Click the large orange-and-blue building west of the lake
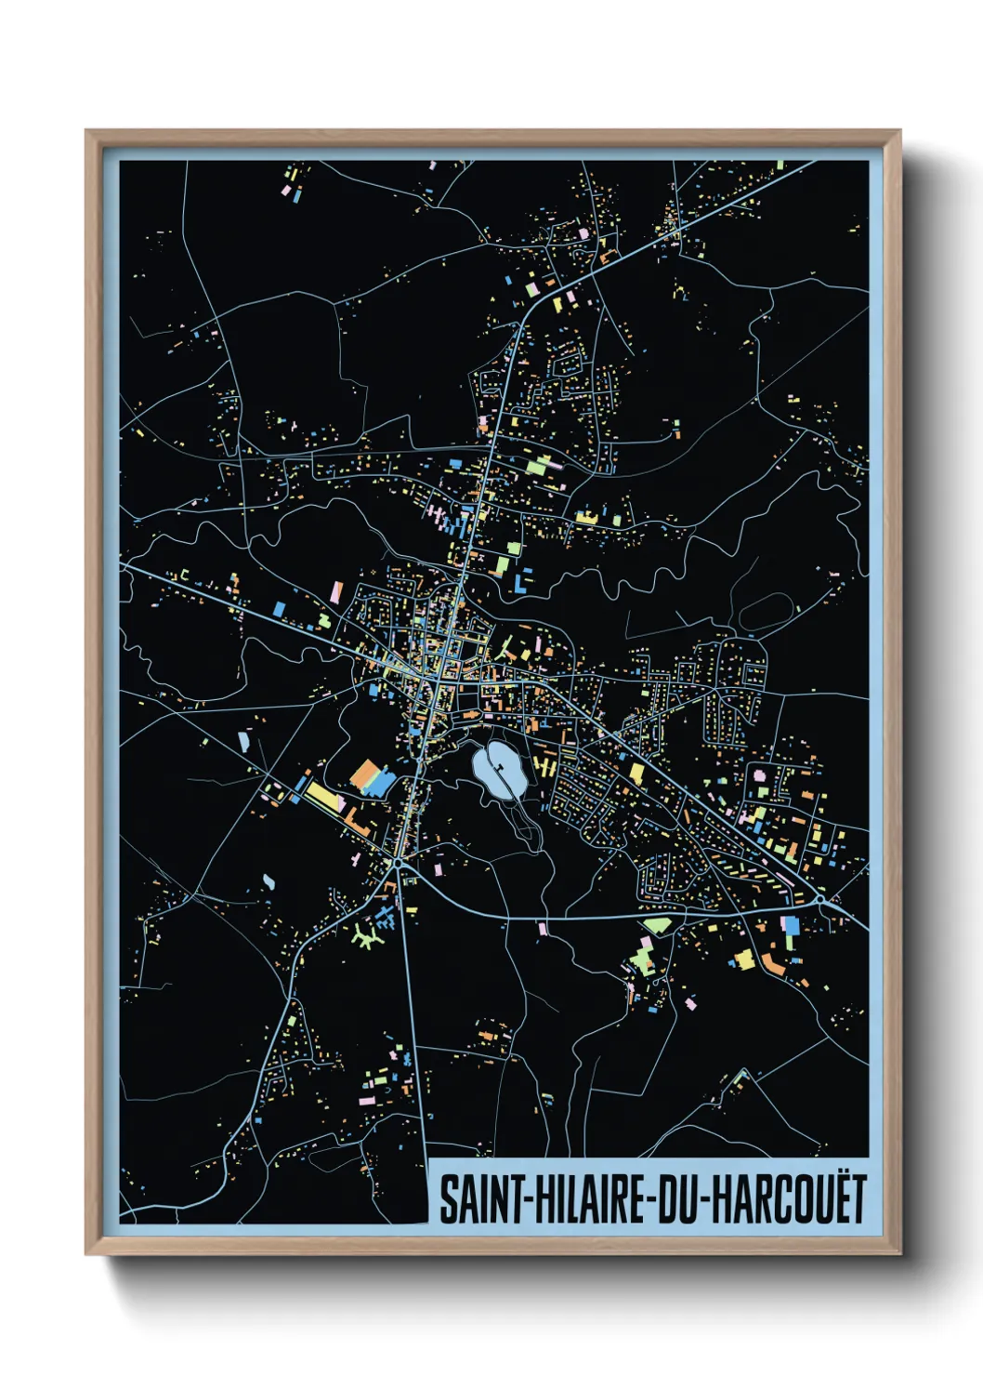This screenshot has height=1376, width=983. click(x=372, y=778)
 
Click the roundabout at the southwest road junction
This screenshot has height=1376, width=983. click(x=398, y=864)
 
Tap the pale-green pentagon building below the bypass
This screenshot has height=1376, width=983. click(x=658, y=925)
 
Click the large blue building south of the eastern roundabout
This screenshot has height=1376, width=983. click(x=790, y=926)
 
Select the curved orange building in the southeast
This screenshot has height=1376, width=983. click(x=774, y=962)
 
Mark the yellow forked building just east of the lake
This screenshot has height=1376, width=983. click(x=544, y=764)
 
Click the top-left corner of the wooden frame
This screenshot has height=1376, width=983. click(x=86, y=131)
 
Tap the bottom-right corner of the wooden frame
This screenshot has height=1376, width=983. click(x=899, y=1253)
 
